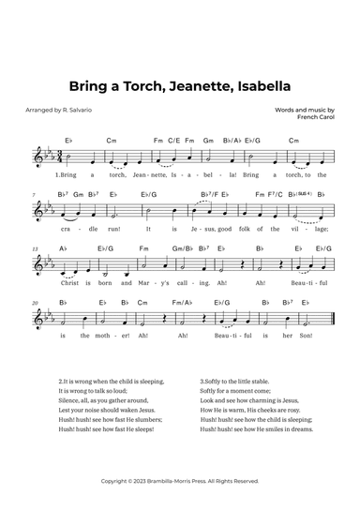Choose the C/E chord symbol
[173, 142]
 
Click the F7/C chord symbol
[279, 195]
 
